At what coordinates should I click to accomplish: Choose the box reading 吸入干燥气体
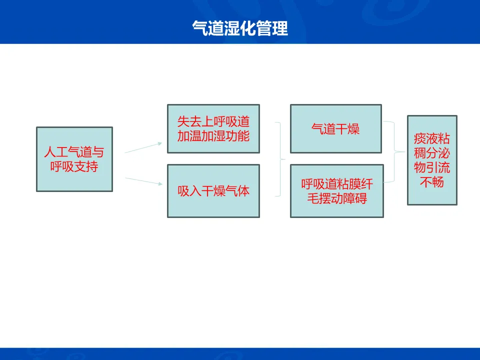213,191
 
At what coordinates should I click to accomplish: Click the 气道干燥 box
335,129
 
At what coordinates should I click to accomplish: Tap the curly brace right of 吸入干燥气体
280,159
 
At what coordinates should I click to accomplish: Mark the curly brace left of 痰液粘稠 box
397,151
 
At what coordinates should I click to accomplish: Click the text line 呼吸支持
74,166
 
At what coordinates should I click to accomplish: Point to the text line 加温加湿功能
213,135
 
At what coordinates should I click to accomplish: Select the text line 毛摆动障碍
336,198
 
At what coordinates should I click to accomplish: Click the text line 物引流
432,167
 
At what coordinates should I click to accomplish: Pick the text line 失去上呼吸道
213,121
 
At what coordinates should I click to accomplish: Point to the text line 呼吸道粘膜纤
336,184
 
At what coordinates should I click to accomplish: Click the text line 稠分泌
432,152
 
